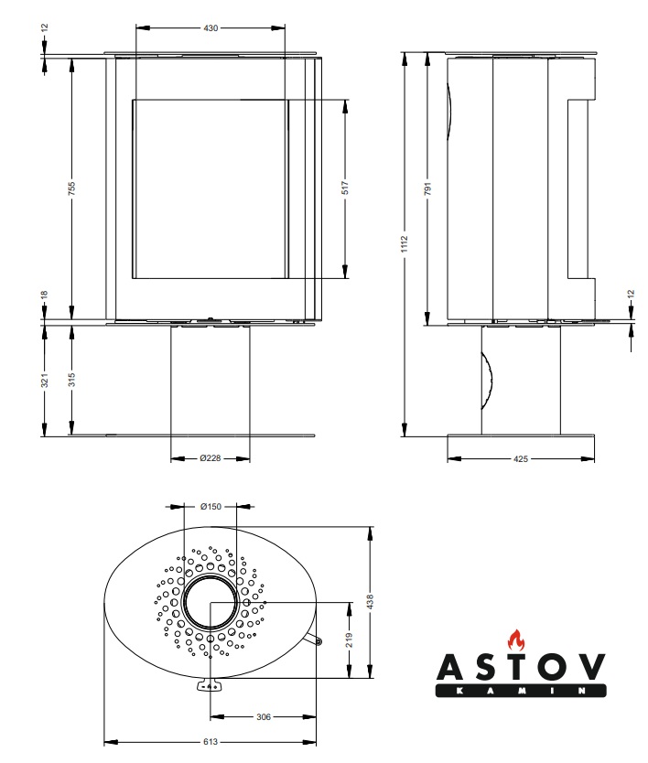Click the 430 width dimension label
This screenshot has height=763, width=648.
(211, 28)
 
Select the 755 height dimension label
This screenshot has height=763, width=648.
(72, 188)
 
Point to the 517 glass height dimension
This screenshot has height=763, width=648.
(345, 188)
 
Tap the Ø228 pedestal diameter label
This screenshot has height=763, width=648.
(211, 458)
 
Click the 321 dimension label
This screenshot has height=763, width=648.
(44, 380)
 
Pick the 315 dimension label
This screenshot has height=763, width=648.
(72, 380)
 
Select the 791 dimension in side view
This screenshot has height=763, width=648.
(428, 188)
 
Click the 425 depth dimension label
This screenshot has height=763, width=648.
(521, 458)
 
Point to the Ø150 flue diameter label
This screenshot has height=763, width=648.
(211, 507)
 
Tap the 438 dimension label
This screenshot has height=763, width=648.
(370, 601)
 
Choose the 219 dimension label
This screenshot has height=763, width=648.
(349, 639)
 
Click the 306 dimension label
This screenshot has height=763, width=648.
(264, 716)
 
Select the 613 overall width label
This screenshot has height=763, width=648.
(211, 742)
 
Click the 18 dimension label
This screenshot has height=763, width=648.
(44, 295)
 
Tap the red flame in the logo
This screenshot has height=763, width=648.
(516, 639)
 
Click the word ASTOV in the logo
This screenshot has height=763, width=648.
(521, 666)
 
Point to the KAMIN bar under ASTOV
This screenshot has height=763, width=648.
(521, 691)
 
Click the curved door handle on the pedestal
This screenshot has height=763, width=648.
(487, 381)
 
